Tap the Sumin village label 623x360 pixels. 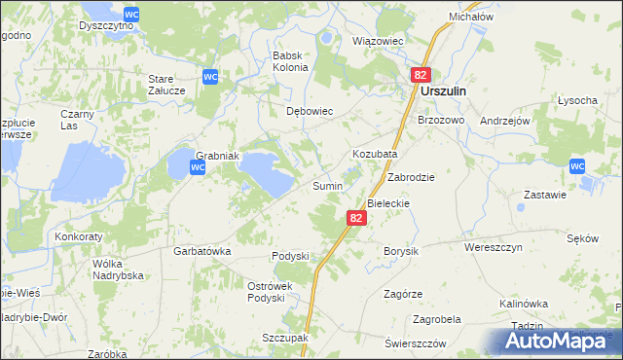coord(326,186)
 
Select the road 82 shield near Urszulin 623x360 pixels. coord(420,75)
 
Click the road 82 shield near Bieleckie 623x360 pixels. coord(356,219)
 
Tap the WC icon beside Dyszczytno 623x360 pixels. coord(131,11)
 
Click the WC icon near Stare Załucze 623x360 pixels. coord(209,76)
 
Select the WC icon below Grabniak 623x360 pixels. coord(197,167)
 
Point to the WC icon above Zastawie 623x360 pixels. coord(577,166)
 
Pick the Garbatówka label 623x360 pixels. coord(202,250)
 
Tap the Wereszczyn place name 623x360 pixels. coord(494,248)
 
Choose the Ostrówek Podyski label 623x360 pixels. coord(265,292)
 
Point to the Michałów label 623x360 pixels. coord(472,18)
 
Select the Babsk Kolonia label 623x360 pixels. coord(291,61)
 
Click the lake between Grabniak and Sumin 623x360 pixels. coord(265,170)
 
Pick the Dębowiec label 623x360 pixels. coord(310,112)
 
